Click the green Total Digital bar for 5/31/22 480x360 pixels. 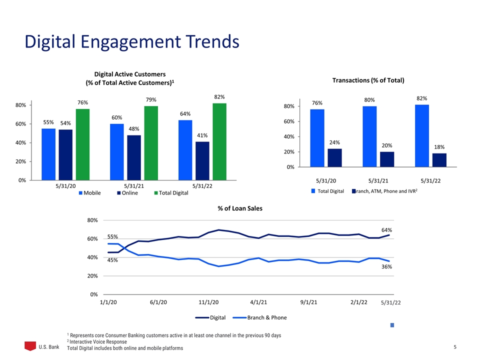(219, 141)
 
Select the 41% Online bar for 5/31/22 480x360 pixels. (202, 161)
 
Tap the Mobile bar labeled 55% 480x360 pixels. (48, 154)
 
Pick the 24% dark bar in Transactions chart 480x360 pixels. (334, 158)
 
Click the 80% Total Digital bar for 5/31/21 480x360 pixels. (369, 136)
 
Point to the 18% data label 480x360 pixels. (439, 147)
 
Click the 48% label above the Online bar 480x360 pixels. (134, 129)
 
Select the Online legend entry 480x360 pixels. (127, 193)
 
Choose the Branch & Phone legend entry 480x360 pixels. (259, 318)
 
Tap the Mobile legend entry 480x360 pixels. (89, 193)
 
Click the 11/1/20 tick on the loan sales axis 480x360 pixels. (209, 302)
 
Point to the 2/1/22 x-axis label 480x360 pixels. (359, 302)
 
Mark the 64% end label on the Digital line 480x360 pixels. (386, 230)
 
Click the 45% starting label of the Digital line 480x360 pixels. (112, 260)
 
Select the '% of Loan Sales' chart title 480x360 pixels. (240, 208)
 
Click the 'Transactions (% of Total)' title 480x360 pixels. (368, 80)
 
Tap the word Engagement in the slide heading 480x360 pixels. (131, 42)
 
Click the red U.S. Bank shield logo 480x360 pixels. (30, 346)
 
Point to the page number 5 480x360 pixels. (455, 347)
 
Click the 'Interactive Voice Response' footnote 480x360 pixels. (96, 342)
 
